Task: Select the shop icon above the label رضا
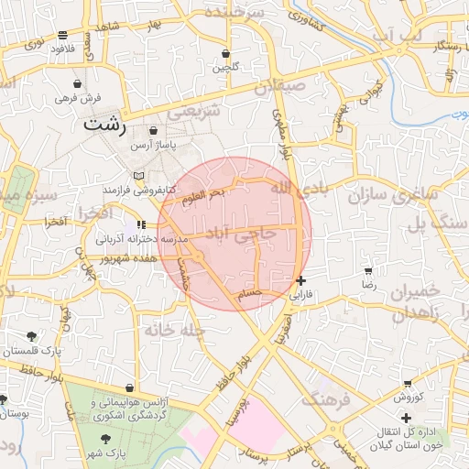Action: point(368,271)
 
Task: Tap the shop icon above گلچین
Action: point(226,54)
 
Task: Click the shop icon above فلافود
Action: point(62,35)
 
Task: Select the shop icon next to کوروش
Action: point(407,383)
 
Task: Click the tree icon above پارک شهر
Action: point(109,439)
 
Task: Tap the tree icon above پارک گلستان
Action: point(32,336)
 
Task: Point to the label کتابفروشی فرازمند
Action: point(138,189)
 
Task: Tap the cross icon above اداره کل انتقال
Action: point(406,418)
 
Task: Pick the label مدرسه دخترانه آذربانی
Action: point(138,238)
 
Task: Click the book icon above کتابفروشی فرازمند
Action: point(138,175)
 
